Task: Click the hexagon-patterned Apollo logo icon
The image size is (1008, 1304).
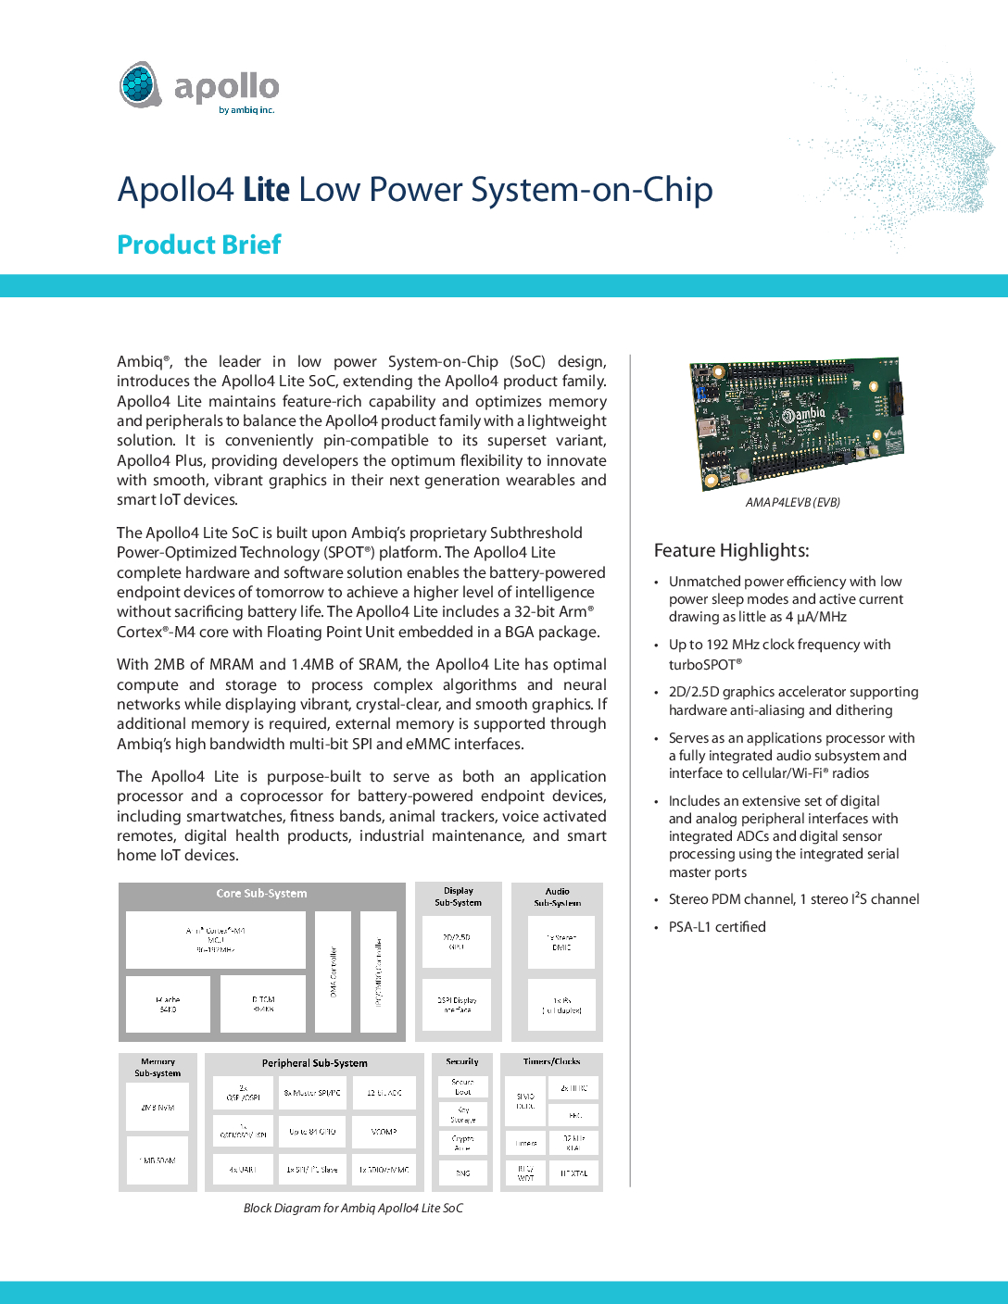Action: pyautogui.click(x=141, y=85)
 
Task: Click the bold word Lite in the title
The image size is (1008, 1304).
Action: pyautogui.click(x=267, y=190)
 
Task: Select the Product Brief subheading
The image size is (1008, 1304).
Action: pyautogui.click(x=199, y=244)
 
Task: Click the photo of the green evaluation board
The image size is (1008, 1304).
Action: pyautogui.click(x=796, y=424)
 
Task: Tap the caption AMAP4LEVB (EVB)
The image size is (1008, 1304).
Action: pyautogui.click(x=792, y=503)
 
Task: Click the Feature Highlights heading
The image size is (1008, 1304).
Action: pyautogui.click(x=731, y=551)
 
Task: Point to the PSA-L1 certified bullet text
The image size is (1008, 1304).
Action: pyautogui.click(x=717, y=927)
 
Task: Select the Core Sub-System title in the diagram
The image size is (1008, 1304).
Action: pyautogui.click(x=261, y=894)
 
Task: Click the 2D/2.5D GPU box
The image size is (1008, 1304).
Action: pyautogui.click(x=457, y=942)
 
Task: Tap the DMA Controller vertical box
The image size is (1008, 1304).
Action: pyautogui.click(x=334, y=972)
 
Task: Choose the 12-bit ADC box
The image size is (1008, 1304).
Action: pyautogui.click(x=384, y=1093)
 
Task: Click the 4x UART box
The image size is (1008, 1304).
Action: pyautogui.click(x=243, y=1170)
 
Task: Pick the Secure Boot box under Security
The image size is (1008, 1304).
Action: pyautogui.click(x=462, y=1086)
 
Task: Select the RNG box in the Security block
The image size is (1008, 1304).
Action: pyautogui.click(x=462, y=1173)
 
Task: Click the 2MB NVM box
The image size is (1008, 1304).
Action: pyautogui.click(x=157, y=1108)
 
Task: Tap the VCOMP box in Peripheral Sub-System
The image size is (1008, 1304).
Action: pyautogui.click(x=384, y=1132)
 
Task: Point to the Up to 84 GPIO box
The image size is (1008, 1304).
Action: pyautogui.click(x=313, y=1132)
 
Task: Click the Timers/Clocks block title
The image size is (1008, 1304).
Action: pyautogui.click(x=551, y=1061)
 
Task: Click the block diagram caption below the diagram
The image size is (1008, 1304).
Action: pyautogui.click(x=353, y=1209)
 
